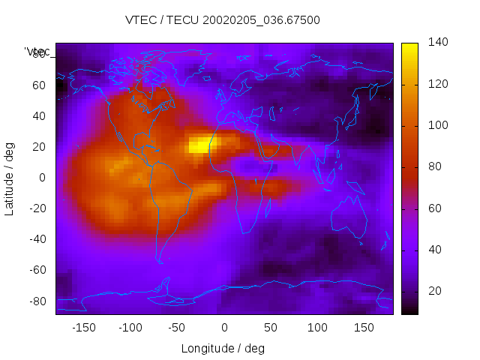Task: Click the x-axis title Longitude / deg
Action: [x=223, y=349]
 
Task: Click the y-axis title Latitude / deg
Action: [x=10, y=178]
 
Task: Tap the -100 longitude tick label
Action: [x=130, y=328]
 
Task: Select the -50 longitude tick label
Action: [x=177, y=328]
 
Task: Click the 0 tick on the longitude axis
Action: [x=224, y=328]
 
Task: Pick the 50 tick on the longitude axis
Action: [x=271, y=328]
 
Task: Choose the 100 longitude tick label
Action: [x=317, y=328]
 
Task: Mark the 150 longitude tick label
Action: [x=364, y=328]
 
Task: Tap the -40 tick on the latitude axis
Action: [x=37, y=239]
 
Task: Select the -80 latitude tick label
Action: [x=37, y=301]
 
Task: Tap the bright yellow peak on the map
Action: [x=199, y=144]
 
